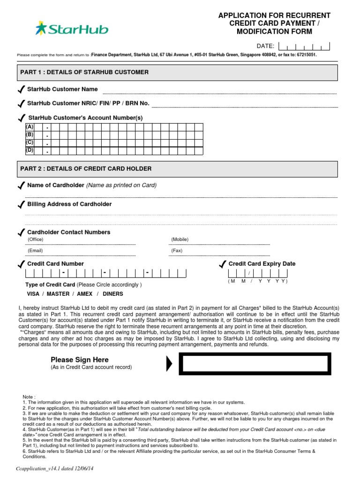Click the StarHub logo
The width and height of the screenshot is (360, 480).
[x=71, y=30]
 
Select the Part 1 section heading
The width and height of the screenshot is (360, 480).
[x=84, y=72]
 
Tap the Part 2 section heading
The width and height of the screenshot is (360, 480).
[x=86, y=169]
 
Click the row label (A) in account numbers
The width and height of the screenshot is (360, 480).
[x=30, y=127]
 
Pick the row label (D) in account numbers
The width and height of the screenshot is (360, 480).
[x=30, y=150]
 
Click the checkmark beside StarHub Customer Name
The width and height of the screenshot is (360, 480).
[x=21, y=90]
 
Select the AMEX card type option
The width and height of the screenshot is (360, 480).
[x=84, y=294]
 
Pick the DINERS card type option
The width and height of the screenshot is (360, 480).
[x=113, y=294]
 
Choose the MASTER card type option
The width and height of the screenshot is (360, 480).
[x=58, y=294]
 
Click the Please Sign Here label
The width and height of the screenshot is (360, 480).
[x=79, y=360]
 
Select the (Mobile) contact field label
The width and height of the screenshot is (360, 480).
[x=180, y=240]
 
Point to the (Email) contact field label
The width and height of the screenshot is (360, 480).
[x=35, y=251]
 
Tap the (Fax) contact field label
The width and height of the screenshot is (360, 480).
[x=177, y=251]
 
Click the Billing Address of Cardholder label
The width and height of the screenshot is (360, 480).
[x=69, y=204]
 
